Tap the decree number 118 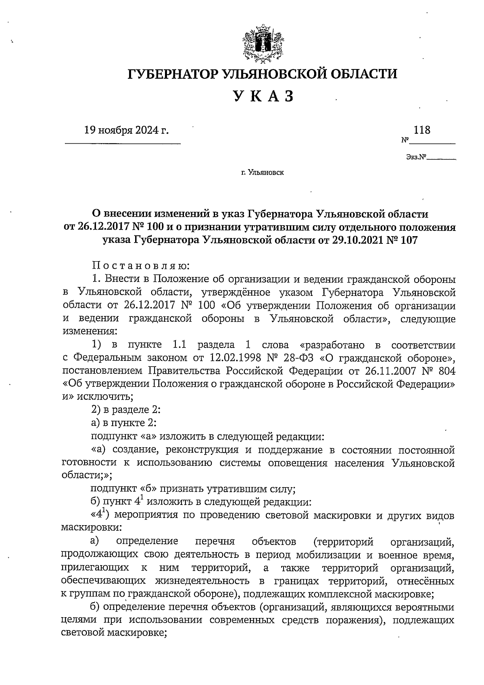(x=422, y=130)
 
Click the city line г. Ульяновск (x=263, y=173)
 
